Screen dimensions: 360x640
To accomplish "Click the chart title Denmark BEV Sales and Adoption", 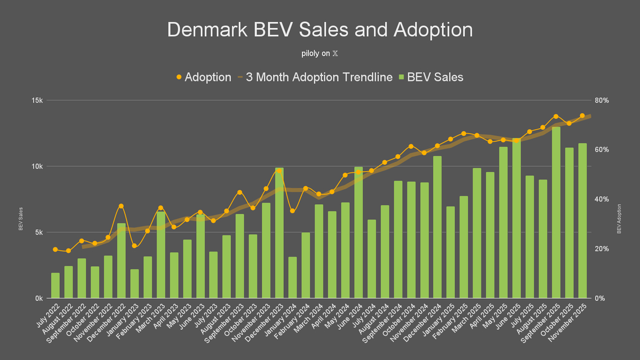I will [x=320, y=30].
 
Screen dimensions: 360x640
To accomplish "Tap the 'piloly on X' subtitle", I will [x=320, y=54].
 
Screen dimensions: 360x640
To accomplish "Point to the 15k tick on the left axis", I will [x=37, y=100].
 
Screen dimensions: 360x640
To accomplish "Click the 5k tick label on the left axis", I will [x=38, y=233].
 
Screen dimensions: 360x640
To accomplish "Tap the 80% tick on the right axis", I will [x=604, y=100].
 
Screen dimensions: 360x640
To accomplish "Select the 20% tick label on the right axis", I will [x=604, y=249].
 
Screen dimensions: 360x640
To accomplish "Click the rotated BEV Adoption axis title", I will [x=620, y=219].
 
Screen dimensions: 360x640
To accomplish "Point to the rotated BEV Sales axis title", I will [x=21, y=219].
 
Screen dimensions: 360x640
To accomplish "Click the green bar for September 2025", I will [x=556, y=213].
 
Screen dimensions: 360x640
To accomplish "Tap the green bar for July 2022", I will [x=55, y=286].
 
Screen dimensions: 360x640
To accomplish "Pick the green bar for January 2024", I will [x=293, y=278].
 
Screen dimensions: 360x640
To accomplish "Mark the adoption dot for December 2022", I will [x=121, y=206].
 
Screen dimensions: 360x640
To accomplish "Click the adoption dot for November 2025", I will [x=582, y=116].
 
